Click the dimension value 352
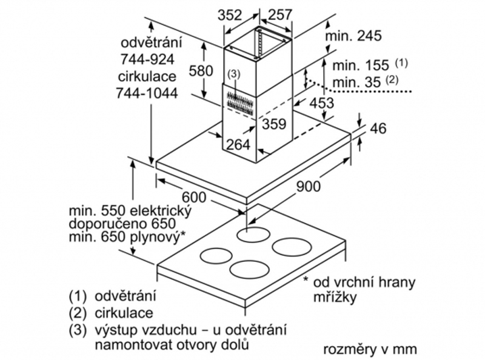230,15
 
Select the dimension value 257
279,15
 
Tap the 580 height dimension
201,71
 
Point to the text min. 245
353,36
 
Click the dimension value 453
322,103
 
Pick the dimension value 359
274,124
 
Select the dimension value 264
238,144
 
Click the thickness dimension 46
378,128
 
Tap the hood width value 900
309,186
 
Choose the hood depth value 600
194,197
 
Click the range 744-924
147,59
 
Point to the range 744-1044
147,93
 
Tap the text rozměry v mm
370,350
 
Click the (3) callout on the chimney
233,74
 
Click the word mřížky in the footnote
335,297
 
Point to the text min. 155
361,65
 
